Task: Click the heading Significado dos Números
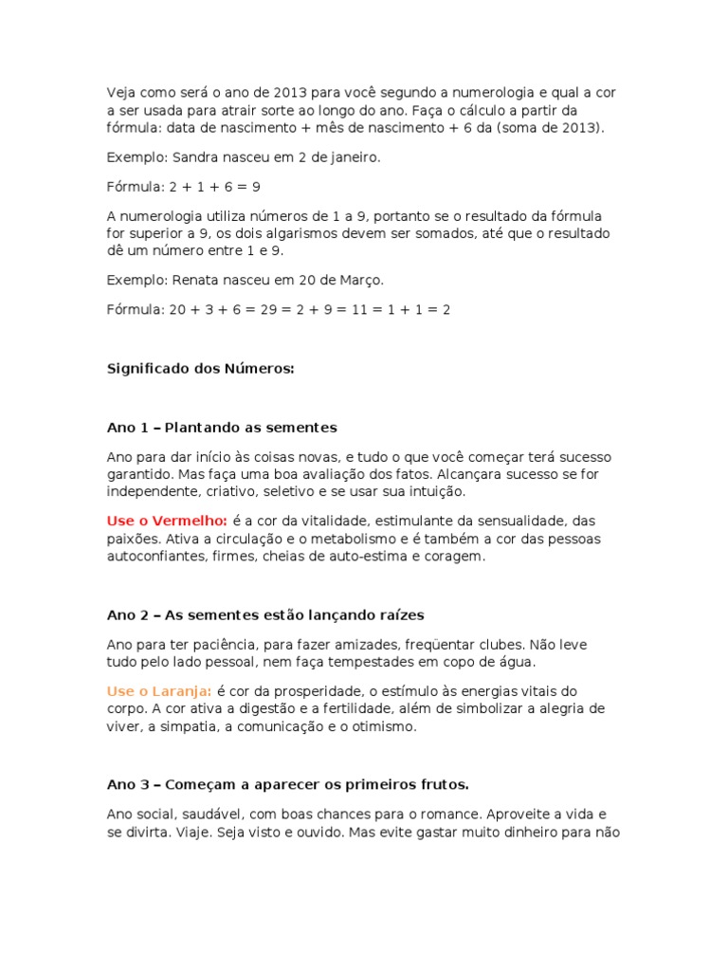pos(201,368)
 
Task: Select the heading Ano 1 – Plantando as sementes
pos(222,427)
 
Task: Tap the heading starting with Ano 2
pos(259,614)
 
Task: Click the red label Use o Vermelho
pos(167,521)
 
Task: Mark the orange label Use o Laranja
pos(159,690)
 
